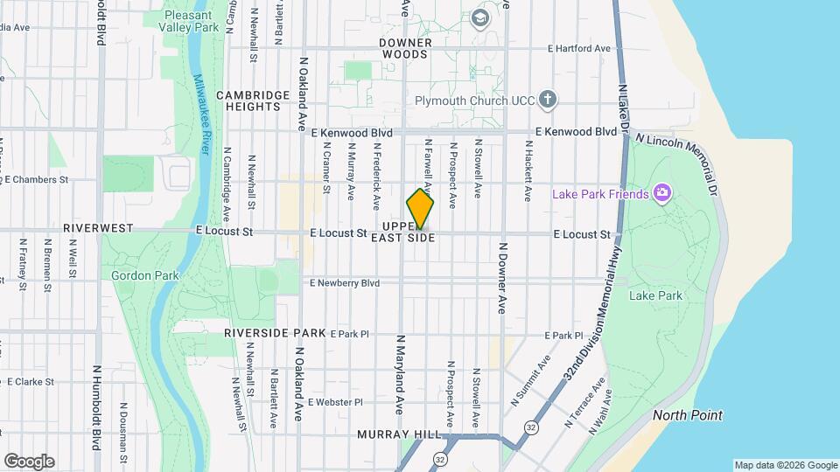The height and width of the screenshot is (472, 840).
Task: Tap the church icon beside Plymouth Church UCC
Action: (548, 99)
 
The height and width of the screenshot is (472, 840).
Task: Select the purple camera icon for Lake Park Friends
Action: (662, 192)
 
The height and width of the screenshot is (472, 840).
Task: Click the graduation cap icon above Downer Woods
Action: (479, 17)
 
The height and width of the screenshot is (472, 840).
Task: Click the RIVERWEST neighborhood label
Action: (98, 228)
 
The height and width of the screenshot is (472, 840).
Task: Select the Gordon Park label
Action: (144, 275)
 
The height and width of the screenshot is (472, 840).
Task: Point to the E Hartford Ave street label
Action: (578, 49)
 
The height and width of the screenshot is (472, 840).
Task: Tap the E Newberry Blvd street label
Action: (345, 283)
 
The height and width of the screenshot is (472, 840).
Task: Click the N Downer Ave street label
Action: (503, 278)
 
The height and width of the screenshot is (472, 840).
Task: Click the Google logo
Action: (29, 462)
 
